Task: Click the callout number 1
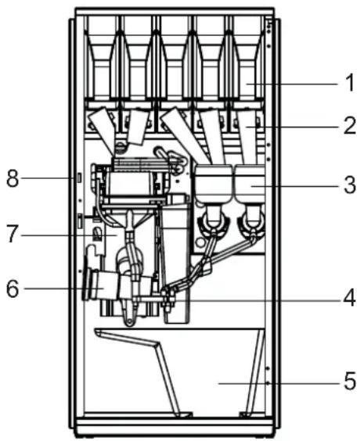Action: (350, 83)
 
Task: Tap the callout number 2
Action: (350, 126)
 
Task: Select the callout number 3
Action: (350, 185)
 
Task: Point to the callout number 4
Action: (349, 298)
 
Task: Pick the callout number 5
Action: (350, 381)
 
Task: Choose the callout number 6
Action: (13, 289)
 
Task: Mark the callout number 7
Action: (12, 234)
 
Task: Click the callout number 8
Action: (13, 178)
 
